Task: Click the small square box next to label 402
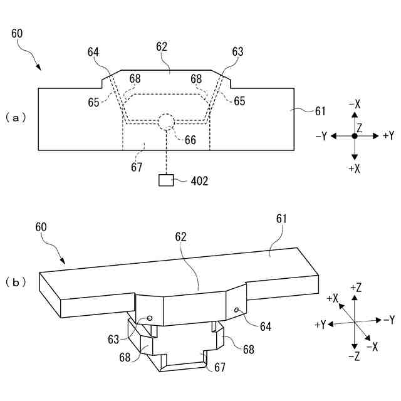tap(166, 180)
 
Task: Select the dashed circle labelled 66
tap(166, 121)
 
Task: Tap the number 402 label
tap(199, 181)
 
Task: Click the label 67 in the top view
tap(137, 167)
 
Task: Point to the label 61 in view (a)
tap(320, 112)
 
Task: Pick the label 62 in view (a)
tap(162, 46)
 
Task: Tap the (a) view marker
tap(16, 117)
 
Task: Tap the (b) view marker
tap(16, 282)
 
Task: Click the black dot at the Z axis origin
tap(355, 135)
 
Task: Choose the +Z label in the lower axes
tap(355, 288)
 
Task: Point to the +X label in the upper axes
tap(355, 167)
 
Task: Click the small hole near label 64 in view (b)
tap(236, 310)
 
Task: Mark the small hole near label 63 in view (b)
tap(150, 318)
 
